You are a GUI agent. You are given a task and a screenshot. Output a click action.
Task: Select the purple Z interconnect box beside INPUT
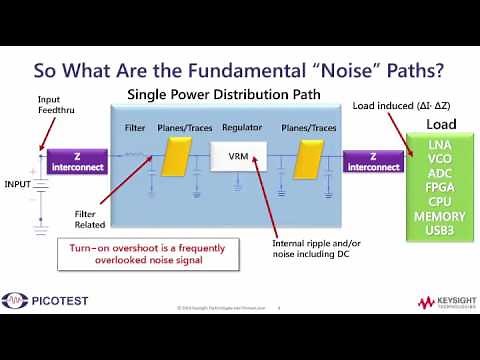pyautogui.click(x=78, y=161)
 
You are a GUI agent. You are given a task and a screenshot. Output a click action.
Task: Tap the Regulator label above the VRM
pyautogui.click(x=241, y=129)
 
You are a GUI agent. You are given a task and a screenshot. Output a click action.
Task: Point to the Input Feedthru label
pyautogui.click(x=57, y=105)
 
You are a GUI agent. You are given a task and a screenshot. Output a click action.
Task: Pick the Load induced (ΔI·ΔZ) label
pyautogui.click(x=412, y=105)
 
